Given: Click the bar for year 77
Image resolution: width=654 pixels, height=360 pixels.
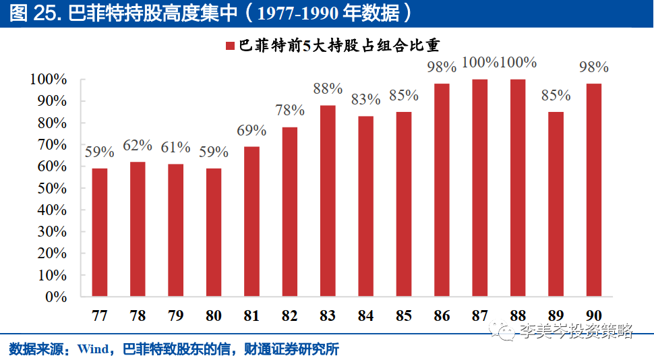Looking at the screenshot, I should tap(100, 232).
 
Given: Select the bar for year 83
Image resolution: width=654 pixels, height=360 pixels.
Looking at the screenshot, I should tap(328, 201).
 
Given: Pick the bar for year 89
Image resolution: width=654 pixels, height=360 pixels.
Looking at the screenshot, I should tap(556, 204).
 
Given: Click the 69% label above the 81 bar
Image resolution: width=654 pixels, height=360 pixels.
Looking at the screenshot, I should tap(251, 130).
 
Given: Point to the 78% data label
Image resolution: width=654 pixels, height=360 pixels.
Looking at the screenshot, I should tap(290, 110).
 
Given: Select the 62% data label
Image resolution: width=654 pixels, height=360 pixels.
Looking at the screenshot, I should tap(138, 145).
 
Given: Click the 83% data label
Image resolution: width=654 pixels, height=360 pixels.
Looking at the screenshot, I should tap(366, 99).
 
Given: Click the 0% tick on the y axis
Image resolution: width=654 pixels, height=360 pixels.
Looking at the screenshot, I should tap(55, 297).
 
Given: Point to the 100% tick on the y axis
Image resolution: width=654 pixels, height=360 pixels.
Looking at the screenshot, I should tap(48, 80).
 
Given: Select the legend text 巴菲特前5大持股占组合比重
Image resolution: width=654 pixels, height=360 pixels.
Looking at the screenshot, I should tap(336, 46).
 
